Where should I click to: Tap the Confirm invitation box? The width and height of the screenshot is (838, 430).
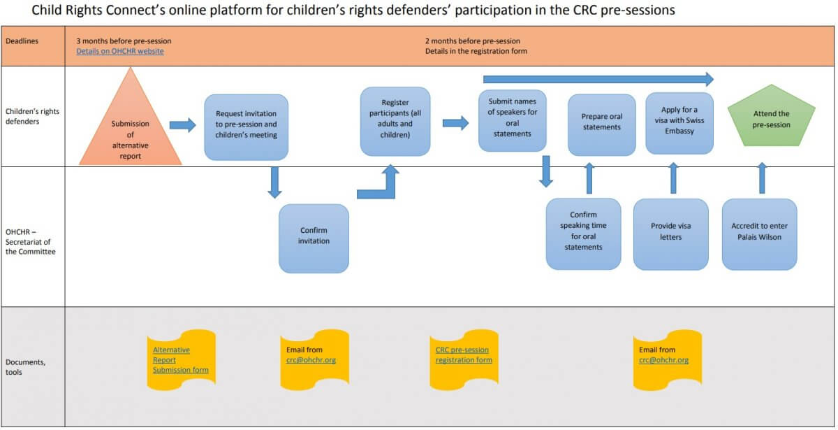coord(314,238)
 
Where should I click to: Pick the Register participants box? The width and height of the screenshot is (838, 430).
coord(395,122)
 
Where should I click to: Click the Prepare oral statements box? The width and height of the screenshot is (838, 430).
coord(601,124)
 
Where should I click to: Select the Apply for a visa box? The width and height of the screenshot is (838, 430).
coord(679,122)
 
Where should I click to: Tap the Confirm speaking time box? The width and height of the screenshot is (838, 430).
coord(583,234)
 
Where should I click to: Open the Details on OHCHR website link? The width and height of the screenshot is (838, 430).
coord(120,52)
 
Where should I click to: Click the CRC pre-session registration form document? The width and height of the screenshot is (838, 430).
coord(464,355)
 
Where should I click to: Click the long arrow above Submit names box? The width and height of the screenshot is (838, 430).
coord(597,79)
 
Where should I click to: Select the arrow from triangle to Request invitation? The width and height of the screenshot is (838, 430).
coord(184,125)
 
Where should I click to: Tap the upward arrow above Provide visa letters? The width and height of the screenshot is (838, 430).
coord(673,178)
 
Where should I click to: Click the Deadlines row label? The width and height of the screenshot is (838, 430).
coord(22,41)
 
